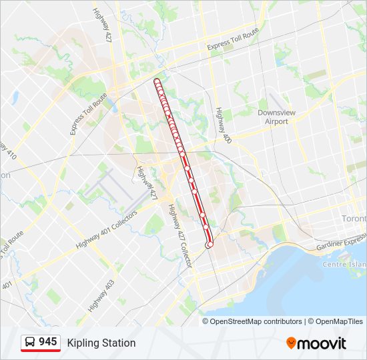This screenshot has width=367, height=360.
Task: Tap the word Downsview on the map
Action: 276,113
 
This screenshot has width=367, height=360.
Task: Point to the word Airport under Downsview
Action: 276,121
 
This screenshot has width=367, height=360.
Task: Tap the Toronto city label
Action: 354,219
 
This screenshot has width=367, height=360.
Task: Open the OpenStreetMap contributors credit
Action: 255,321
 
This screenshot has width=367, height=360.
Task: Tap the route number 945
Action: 47,342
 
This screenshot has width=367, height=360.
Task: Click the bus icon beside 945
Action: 30,343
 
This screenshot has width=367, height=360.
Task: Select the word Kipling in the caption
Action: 83,343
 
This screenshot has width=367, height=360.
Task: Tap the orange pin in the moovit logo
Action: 291,343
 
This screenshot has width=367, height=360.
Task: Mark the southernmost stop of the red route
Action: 210,245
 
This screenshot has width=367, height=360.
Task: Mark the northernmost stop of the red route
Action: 157,81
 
